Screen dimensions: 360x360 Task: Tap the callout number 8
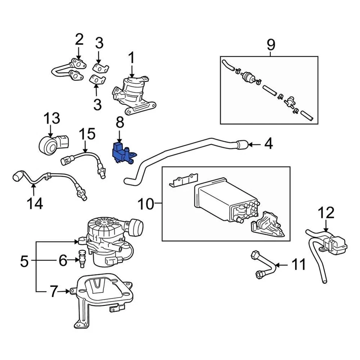[x=119, y=122]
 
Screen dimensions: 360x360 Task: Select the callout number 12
[x=326, y=213]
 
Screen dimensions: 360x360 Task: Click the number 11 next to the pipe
[x=299, y=265]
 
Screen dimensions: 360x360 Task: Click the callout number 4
[x=268, y=144]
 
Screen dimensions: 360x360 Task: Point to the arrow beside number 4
[x=255, y=144]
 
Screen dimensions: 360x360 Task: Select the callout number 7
[x=54, y=291]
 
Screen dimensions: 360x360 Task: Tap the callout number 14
[x=34, y=204]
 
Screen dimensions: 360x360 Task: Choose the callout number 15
[x=87, y=134]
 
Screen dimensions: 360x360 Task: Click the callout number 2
[x=79, y=39]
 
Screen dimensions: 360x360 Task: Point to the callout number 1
[x=132, y=58]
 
